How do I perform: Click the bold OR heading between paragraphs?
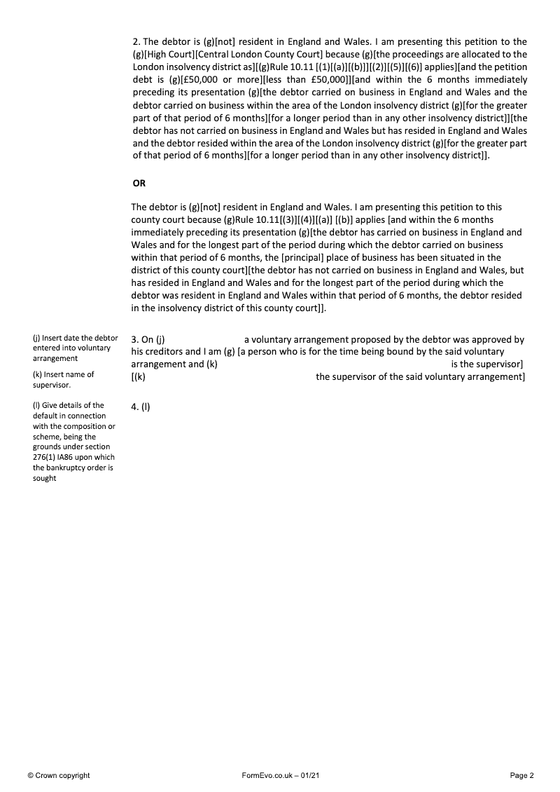pos(139,183)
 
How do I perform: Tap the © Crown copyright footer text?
pos(59,775)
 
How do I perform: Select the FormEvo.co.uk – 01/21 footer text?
pos(280,775)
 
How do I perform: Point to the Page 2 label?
pos(522,775)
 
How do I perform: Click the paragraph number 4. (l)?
pos(141,408)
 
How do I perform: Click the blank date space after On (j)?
pos(203,340)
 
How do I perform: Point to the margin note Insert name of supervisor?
pos(64,379)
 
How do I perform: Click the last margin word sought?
pos(44,478)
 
